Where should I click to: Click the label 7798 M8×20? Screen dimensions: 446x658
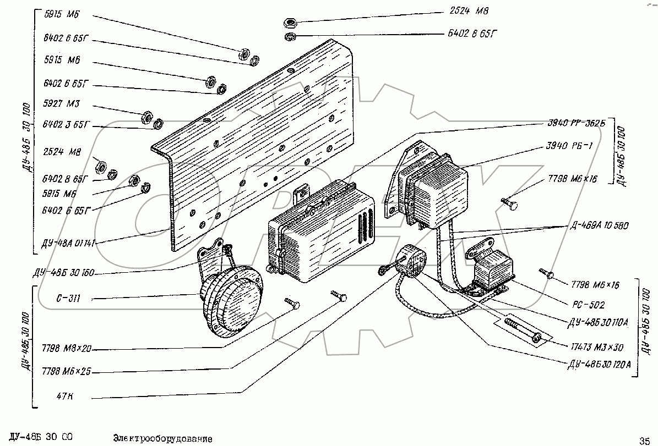[66, 349]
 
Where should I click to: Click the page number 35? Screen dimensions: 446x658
[644, 440]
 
